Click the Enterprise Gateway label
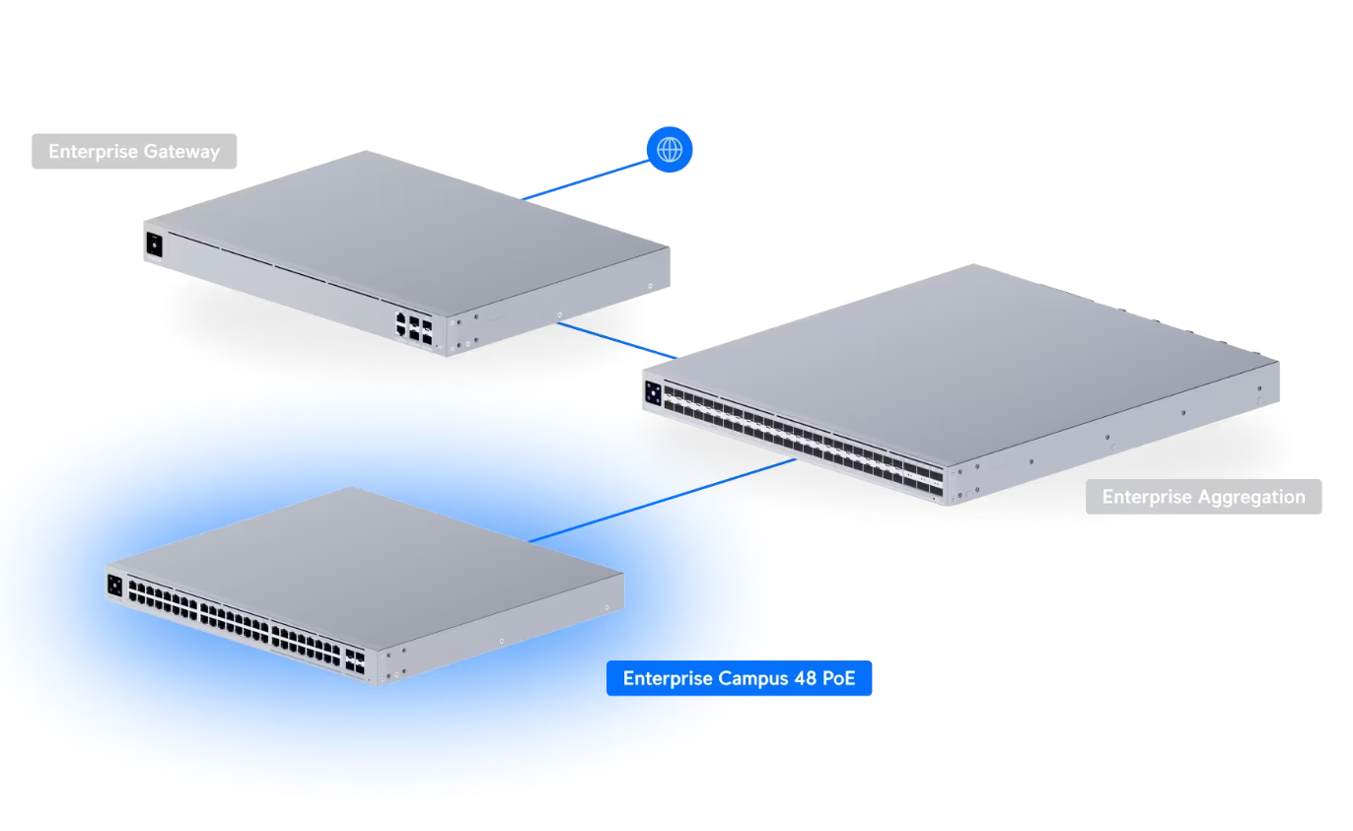click(x=134, y=152)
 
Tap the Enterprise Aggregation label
click(x=1203, y=497)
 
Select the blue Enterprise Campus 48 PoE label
click(x=739, y=678)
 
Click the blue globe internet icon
click(x=670, y=150)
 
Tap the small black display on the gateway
click(x=154, y=243)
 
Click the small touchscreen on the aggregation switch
click(x=653, y=393)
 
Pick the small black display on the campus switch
click(x=114, y=585)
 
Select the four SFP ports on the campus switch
click(x=354, y=662)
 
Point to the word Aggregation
click(x=1250, y=497)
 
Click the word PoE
click(x=837, y=678)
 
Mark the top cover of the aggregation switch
click(x=966, y=355)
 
